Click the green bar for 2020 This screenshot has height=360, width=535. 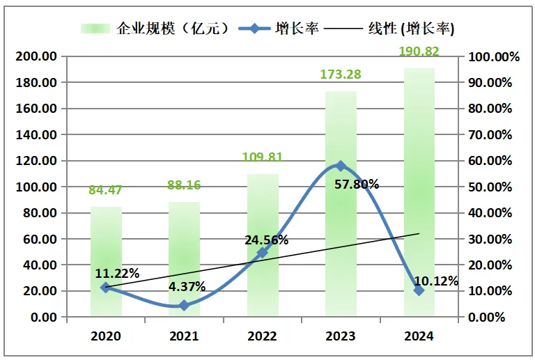point(106,261)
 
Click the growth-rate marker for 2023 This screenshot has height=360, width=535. point(340,166)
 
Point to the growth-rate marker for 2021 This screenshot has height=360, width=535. point(184,305)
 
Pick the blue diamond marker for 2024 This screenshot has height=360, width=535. point(419,290)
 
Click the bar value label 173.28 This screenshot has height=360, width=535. point(340,74)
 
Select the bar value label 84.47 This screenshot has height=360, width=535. point(106,189)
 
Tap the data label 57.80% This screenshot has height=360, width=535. point(357,185)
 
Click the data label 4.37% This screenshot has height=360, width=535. point(184,286)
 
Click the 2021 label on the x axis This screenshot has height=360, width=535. point(184,336)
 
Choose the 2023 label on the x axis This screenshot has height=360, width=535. point(340,336)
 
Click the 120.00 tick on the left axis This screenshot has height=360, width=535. point(36,161)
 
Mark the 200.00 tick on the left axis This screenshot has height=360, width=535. point(36,56)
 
